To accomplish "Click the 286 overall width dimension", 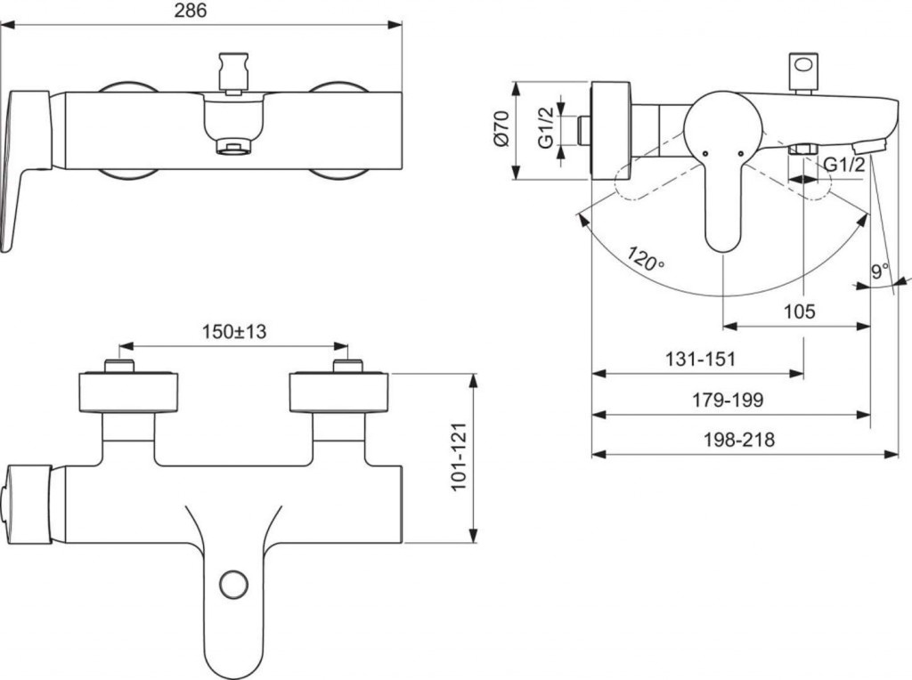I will [190, 11].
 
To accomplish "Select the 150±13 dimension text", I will [232, 331].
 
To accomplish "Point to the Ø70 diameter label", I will [501, 130].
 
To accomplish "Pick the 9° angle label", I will [880, 271].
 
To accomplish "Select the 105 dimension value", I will [799, 311].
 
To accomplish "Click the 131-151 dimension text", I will [700, 359].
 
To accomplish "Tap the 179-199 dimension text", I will [728, 400].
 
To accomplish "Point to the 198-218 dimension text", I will [738, 440].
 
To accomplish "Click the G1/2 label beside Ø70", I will [547, 130].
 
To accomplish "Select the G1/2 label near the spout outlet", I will [843, 165].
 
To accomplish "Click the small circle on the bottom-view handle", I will [233, 585].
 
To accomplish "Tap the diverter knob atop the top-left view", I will [233, 71].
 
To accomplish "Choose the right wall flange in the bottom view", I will [338, 393].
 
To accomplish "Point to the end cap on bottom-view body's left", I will [27, 503].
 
